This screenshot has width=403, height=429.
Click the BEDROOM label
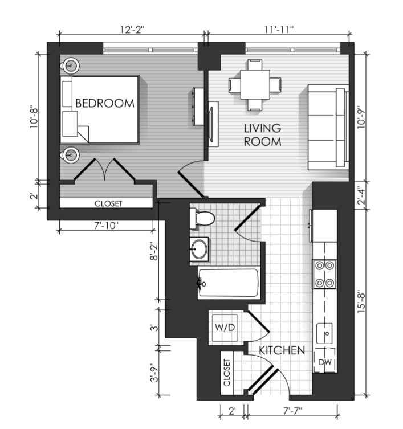(105, 104)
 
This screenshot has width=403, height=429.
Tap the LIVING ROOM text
(263, 135)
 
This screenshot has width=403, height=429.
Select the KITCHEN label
(282, 350)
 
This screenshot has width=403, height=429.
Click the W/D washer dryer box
(225, 328)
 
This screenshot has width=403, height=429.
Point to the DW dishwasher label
(325, 362)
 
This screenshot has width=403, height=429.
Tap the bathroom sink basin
(199, 249)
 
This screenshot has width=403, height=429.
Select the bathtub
(228, 283)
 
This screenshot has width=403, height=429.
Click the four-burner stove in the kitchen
(325, 274)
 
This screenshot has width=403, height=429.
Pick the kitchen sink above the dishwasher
(325, 333)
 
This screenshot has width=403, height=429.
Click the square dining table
(255, 84)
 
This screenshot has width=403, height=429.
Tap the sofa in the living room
(328, 127)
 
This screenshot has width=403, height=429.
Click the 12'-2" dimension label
(132, 30)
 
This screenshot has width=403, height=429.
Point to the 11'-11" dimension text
(279, 30)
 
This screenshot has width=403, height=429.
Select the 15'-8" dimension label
(361, 303)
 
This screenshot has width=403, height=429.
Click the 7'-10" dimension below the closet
(107, 226)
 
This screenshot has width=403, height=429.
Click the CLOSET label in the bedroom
(108, 203)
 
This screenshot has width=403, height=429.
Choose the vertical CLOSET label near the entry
(227, 373)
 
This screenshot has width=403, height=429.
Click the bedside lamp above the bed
(70, 66)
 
